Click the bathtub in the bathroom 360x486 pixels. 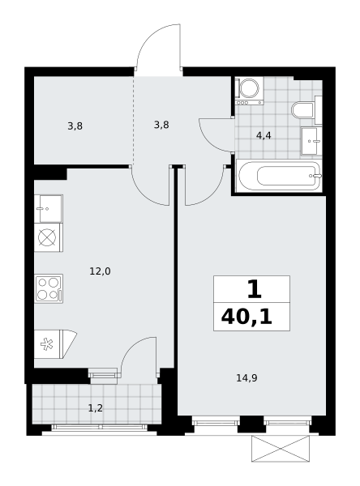point(279,176)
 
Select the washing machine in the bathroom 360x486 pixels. point(249,91)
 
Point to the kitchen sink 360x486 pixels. point(49,209)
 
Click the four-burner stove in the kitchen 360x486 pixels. point(49,288)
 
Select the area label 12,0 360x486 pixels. point(100,271)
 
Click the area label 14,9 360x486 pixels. point(246,378)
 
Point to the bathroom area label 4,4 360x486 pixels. point(264,135)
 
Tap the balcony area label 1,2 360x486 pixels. point(96,408)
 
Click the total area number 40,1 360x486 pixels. point(246,318)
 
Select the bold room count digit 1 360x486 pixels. point(254,289)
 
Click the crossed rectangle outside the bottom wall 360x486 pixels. point(281,449)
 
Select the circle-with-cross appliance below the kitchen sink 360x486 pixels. point(47,237)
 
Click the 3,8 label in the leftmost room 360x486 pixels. point(75,126)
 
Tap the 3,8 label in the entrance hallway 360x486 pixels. point(161,125)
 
